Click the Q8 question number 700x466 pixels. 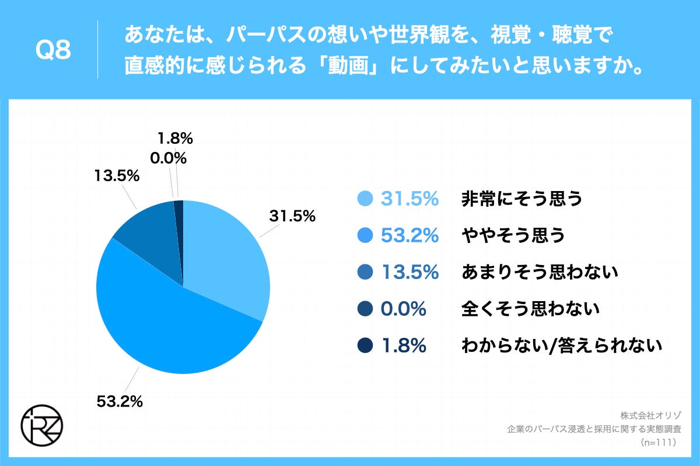pyautogui.click(x=53, y=51)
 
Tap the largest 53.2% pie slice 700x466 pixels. pyautogui.click(x=169, y=326)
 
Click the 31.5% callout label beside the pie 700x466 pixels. pyautogui.click(x=292, y=217)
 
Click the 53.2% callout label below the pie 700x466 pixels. pyautogui.click(x=120, y=401)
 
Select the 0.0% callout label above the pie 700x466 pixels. pyautogui.click(x=169, y=158)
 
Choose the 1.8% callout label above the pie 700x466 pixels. pyautogui.click(x=175, y=139)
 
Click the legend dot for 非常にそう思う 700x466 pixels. pyautogui.click(x=365, y=199)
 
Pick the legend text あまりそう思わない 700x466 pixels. pyautogui.click(x=540, y=272)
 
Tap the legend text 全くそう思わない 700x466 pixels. pyautogui.click(x=531, y=309)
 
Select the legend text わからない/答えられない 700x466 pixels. pyautogui.click(x=562, y=346)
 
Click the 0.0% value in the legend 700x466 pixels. pyautogui.click(x=403, y=309)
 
